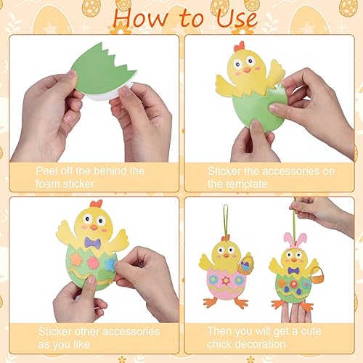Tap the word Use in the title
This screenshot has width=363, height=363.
tap(233, 17)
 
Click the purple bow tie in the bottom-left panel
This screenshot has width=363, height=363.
tap(92, 242)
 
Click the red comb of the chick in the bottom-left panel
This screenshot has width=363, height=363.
tap(95, 204)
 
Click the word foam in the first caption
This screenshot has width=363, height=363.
tap(50, 184)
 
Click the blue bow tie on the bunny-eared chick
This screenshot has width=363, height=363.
tap(293, 270)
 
